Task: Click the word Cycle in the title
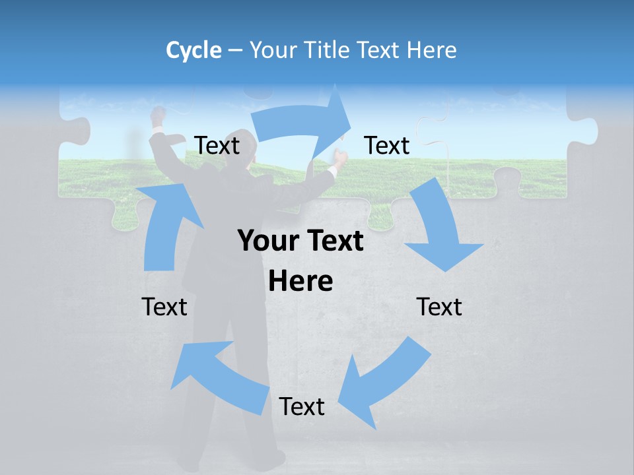[x=194, y=50]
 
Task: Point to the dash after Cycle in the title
[x=236, y=51]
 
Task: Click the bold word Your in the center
[x=267, y=241]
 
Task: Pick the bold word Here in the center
[x=300, y=282]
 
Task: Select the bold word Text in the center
[x=334, y=241]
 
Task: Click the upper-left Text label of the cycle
[x=217, y=145]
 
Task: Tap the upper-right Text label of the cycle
[x=387, y=145]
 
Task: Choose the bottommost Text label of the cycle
[x=302, y=406]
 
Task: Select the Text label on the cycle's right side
[x=439, y=307]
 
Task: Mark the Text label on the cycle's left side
[x=164, y=307]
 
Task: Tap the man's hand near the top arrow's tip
[x=339, y=158]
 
